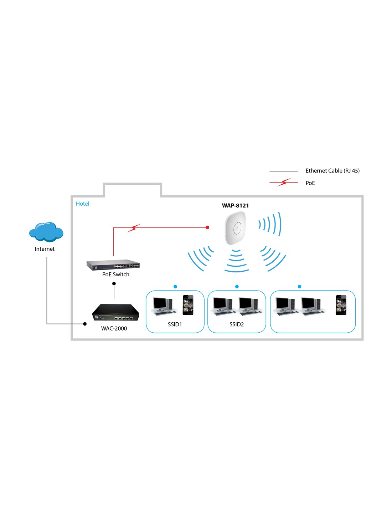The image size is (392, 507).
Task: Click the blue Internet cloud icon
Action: pos(46,232)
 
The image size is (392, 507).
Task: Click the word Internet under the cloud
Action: pos(45,249)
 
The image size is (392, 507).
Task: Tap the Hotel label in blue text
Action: pos(82,204)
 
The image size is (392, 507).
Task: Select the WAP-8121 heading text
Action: pos(235,205)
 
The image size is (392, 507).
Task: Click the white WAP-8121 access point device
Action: pos(235,228)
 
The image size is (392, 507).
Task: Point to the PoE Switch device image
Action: pos(113,265)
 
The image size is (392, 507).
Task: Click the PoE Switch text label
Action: pos(115,274)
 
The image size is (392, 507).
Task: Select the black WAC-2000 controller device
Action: pos(115,313)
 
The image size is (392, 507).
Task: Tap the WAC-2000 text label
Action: pos(114,328)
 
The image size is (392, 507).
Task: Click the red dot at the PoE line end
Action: pos(207,227)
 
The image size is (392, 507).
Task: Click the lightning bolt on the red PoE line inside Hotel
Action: pos(134,228)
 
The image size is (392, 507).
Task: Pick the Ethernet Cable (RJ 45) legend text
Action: pos(332,171)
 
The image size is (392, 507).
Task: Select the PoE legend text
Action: pos(310,183)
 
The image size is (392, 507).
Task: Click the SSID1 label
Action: pos(175,324)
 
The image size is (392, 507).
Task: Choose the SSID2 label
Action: pos(237,324)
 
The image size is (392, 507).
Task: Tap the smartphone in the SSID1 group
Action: pos(188,305)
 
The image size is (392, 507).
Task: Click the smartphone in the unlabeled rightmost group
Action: pos(341,305)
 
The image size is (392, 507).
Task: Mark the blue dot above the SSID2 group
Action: pos(237,287)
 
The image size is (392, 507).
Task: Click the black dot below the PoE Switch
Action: pos(114,284)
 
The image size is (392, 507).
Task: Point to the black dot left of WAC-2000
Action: pos(85,324)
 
